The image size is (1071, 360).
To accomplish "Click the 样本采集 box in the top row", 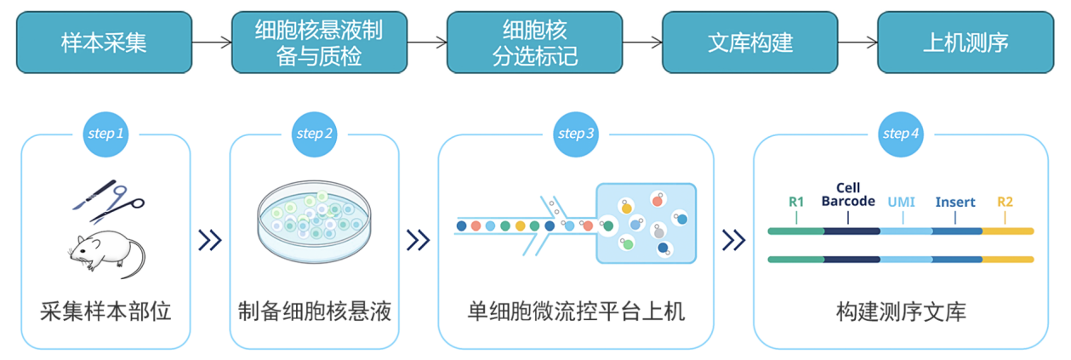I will (x=104, y=42).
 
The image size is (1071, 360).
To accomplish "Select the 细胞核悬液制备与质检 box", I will (x=319, y=42).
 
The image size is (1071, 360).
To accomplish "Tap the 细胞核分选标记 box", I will (x=534, y=42).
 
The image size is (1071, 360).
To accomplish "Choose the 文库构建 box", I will (x=749, y=42).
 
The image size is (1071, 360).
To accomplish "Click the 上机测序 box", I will (x=965, y=42).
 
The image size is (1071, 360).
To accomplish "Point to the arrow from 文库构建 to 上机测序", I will (x=857, y=42).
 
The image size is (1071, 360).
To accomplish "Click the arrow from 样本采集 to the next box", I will (x=212, y=42).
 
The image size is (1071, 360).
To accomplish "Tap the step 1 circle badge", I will (x=105, y=134).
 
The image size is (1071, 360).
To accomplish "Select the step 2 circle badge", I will (x=314, y=134).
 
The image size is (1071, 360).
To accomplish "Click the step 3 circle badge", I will (x=576, y=134).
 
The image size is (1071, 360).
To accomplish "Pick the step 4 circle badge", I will (x=901, y=134).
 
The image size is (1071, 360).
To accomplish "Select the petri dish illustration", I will (x=314, y=224).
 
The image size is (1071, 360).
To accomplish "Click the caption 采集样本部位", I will (x=105, y=311).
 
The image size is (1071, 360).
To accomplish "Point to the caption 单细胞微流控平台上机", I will (x=576, y=311).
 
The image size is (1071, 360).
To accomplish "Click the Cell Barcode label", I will (x=848, y=194).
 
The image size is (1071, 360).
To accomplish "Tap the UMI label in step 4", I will (x=902, y=202).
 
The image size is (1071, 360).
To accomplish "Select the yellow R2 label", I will (x=1005, y=202).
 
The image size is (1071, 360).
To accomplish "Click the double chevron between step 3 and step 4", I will (x=732, y=241).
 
